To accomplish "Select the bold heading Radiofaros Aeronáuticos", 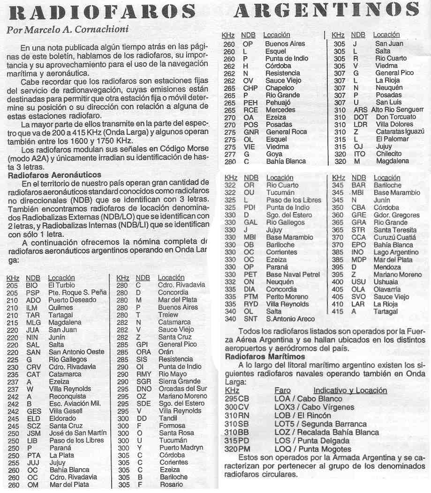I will [55, 175].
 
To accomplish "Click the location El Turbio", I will [61, 285].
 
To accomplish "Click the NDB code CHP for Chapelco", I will [250, 88].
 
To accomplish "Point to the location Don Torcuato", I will [396, 117].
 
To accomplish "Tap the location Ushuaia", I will [386, 282].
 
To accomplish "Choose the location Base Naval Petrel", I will [293, 275].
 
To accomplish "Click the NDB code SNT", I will [250, 319].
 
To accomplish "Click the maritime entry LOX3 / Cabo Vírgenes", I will [311, 407].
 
